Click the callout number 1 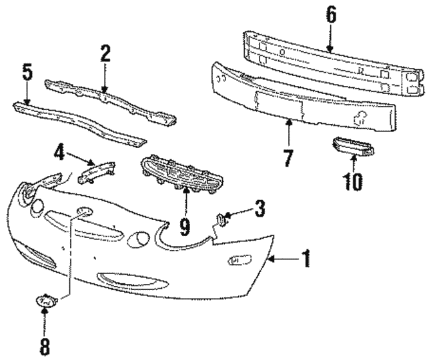(306, 258)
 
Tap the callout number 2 (105, 53)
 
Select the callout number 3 (260, 209)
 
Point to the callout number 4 (59, 153)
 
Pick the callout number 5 (27, 72)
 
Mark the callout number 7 (288, 158)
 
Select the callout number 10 (353, 181)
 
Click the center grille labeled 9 (181, 174)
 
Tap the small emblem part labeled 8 (46, 301)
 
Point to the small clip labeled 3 (221, 219)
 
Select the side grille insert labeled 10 (353, 147)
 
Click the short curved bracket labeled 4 (96, 172)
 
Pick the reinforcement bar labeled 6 (334, 63)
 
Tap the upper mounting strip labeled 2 (110, 103)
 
